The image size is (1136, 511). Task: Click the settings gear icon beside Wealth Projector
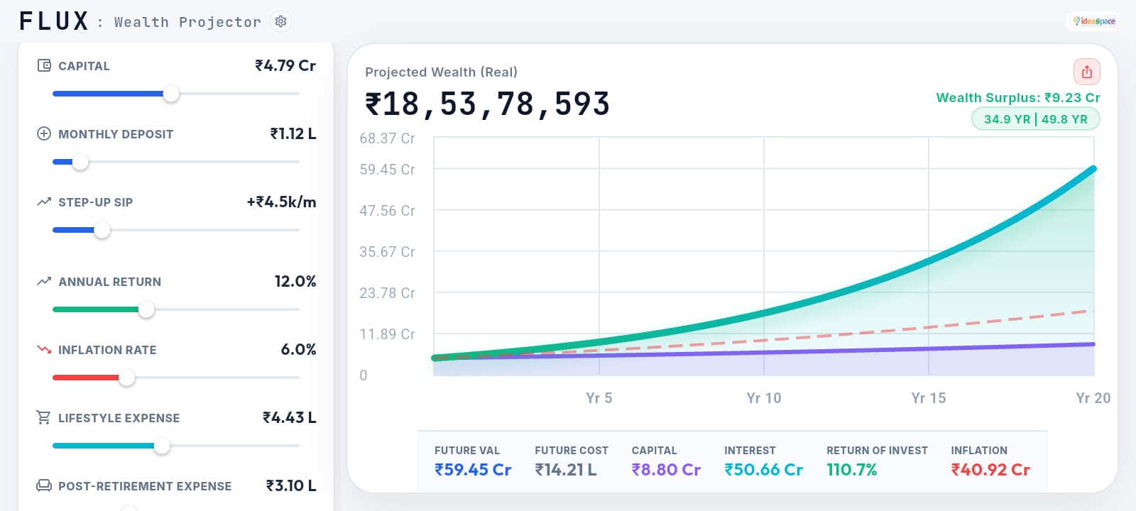click(x=280, y=21)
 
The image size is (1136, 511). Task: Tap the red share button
click(x=1086, y=72)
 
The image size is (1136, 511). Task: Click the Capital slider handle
click(x=171, y=94)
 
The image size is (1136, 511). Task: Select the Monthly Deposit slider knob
click(x=80, y=162)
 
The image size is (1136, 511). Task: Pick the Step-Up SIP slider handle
click(x=102, y=230)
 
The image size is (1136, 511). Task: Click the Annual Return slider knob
click(x=146, y=309)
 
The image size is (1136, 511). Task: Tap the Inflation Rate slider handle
click(x=126, y=378)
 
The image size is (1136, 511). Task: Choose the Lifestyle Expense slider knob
click(x=162, y=446)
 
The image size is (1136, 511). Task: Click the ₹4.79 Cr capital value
click(x=285, y=65)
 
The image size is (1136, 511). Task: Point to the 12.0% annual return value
click(x=295, y=281)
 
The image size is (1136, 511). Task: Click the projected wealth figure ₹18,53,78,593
click(x=487, y=104)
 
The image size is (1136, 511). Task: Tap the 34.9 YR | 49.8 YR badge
click(x=1035, y=119)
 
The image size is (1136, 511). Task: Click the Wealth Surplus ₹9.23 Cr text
click(x=1017, y=98)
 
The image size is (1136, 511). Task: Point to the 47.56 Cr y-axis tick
click(x=387, y=211)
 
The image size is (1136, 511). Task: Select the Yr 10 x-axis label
click(x=763, y=398)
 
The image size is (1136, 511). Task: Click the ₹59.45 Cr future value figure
click(x=473, y=470)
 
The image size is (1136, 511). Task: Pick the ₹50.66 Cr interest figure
click(x=763, y=470)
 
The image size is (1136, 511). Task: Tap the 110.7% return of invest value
click(x=851, y=470)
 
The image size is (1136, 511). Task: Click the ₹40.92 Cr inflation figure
click(x=990, y=470)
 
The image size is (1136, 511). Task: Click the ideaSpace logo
click(x=1094, y=21)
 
